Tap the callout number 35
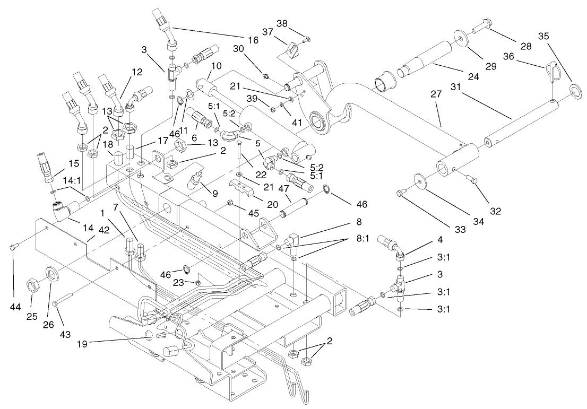pyautogui.click(x=558, y=36)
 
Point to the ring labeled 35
pyautogui.click(x=575, y=88)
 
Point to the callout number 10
pyautogui.click(x=216, y=66)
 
